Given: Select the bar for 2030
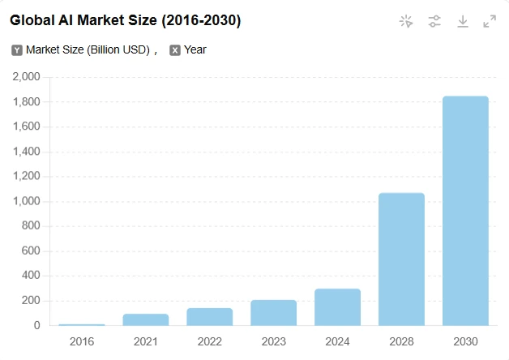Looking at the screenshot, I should [x=465, y=211].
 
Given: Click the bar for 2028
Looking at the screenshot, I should [x=401, y=259].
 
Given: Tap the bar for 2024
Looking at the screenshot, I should [x=337, y=306].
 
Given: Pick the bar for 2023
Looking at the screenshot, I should [x=273, y=312].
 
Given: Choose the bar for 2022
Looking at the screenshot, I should [x=209, y=316].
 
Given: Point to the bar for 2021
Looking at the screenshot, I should [x=145, y=319].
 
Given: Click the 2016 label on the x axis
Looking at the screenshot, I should [x=82, y=341].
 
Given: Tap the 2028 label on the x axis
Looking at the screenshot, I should [x=401, y=341].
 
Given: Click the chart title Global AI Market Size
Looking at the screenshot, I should [x=125, y=20].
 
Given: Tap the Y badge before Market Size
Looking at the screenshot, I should [x=17, y=50].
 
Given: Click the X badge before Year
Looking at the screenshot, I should [x=175, y=50].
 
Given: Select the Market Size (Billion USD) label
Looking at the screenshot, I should [x=88, y=50].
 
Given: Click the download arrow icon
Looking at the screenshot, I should [x=463, y=22].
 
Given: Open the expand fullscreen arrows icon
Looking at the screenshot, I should [x=490, y=22].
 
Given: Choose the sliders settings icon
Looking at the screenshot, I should [x=434, y=22].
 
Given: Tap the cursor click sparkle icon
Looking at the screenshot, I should [x=406, y=22].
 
